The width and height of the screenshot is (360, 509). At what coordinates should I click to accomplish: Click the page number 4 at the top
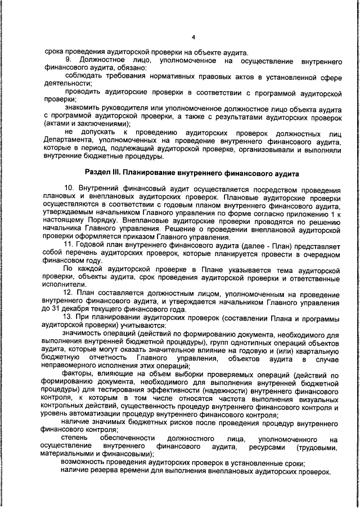pyautogui.click(x=192, y=37)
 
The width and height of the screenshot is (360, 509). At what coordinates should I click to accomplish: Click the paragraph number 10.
pyautogui.click(x=70, y=186)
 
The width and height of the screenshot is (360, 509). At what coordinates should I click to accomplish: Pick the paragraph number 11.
pyautogui.click(x=70, y=246)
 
